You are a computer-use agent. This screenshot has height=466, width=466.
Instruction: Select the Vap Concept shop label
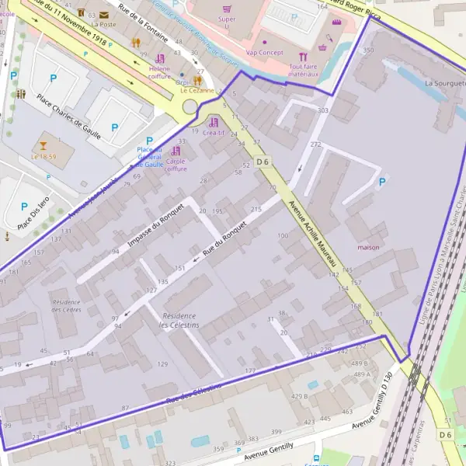(264, 52)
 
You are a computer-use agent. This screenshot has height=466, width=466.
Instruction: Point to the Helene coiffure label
(159, 71)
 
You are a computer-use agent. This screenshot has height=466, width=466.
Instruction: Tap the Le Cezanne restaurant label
(196, 90)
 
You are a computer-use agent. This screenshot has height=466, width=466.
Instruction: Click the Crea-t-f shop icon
(214, 122)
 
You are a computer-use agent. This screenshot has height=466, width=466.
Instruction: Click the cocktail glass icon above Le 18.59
(43, 144)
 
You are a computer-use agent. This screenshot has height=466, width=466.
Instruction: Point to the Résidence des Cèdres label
(65, 305)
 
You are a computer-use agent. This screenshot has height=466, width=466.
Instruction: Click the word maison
(368, 248)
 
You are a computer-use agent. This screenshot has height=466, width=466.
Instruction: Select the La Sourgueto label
(444, 82)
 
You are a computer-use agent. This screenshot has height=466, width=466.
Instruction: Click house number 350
(368, 50)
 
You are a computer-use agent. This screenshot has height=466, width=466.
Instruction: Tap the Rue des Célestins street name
(193, 391)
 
